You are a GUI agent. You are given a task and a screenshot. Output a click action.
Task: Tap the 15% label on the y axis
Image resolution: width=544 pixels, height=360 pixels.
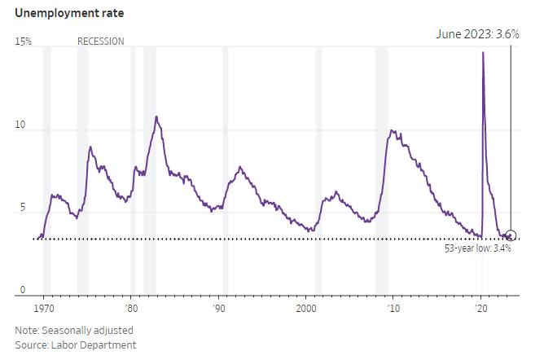point(23,41)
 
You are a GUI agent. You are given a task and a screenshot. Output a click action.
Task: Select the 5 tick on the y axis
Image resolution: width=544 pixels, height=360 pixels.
point(22,209)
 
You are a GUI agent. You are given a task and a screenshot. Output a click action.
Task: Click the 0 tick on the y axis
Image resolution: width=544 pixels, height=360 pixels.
point(22,291)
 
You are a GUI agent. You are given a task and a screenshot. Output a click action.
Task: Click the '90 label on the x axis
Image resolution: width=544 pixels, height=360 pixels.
point(218,310)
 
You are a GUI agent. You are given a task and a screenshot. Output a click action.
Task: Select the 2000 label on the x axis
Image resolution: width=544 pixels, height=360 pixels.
point(306,310)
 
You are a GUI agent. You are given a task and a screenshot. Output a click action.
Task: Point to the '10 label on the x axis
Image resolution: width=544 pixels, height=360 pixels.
point(393,310)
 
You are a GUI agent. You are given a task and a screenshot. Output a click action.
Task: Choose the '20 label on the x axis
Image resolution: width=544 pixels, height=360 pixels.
point(481,310)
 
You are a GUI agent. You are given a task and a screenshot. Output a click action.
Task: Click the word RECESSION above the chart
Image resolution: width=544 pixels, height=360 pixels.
point(101,41)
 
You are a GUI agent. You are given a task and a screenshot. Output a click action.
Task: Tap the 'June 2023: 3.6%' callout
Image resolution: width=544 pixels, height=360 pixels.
point(476,35)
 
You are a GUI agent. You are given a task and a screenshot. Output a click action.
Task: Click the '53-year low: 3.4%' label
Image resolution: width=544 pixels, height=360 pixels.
point(477,248)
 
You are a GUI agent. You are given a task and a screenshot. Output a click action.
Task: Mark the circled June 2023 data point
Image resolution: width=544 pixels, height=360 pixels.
point(511,235)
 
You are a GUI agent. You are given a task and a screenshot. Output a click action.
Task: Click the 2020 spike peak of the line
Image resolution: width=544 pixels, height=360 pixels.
point(484,53)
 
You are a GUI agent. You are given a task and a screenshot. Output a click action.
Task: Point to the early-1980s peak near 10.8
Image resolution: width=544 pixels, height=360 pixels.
point(156,116)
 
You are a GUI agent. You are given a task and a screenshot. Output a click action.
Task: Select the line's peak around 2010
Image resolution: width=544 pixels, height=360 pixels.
point(392,130)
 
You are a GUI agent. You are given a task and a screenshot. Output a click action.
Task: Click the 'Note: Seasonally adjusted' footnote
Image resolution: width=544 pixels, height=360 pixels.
point(74,330)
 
